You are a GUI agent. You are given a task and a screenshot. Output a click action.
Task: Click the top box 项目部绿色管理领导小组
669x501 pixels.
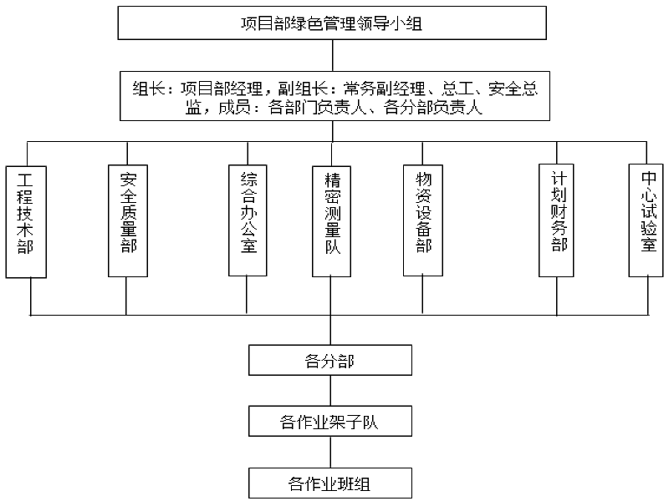tap(332, 23)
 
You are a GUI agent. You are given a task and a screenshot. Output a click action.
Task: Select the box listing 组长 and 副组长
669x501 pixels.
tap(334, 96)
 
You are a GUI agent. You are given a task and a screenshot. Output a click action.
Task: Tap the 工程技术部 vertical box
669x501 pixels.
tap(26, 222)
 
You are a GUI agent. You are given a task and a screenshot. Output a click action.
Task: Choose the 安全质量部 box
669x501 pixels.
tap(128, 220)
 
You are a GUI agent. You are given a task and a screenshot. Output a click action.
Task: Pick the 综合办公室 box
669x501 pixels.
tap(248, 220)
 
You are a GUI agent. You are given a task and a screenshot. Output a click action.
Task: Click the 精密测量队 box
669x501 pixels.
tap(331, 221)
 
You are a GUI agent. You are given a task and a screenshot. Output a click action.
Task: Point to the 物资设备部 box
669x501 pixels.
tap(423, 220)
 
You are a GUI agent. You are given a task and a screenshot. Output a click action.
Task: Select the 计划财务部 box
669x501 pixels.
tap(556, 220)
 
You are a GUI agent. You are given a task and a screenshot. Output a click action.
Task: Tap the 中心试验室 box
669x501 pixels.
tap(646, 220)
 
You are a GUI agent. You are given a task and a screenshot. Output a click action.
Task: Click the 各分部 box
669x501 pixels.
tap(330, 361)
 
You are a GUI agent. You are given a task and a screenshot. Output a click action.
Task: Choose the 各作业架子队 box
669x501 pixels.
tap(330, 422)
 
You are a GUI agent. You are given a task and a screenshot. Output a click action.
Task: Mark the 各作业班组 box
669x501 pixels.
tap(330, 483)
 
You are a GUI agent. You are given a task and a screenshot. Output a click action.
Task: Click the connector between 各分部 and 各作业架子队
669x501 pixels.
tap(330, 391)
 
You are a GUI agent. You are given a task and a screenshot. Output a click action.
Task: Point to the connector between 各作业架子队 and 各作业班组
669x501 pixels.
tap(330, 452)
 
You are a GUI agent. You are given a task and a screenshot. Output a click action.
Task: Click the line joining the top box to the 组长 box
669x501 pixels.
tap(332, 55)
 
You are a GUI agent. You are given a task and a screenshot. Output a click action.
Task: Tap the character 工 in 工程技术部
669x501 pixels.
tap(25, 180)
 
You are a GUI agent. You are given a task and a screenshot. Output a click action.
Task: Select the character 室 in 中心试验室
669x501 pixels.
tap(649, 245)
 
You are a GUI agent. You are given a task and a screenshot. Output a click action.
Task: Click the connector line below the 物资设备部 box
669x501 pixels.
tap(422, 295)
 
